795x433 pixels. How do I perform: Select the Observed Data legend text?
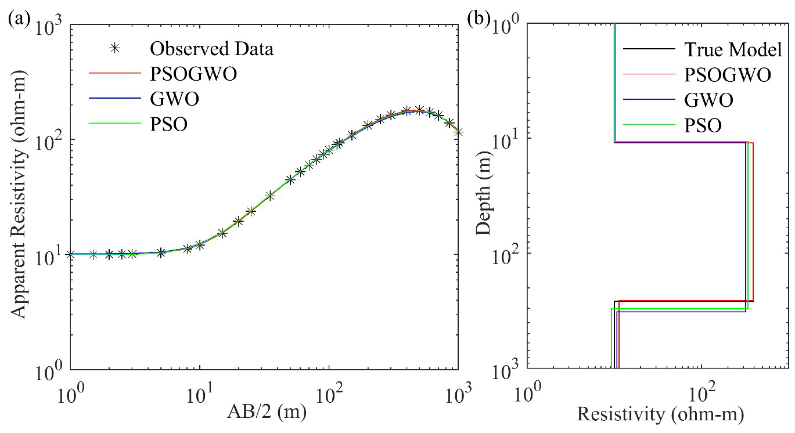[x=211, y=49]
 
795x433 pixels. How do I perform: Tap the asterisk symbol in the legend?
[x=115, y=49]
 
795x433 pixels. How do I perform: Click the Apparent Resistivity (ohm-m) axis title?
[x=20, y=196]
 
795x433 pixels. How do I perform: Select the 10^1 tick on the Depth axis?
[x=506, y=142]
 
